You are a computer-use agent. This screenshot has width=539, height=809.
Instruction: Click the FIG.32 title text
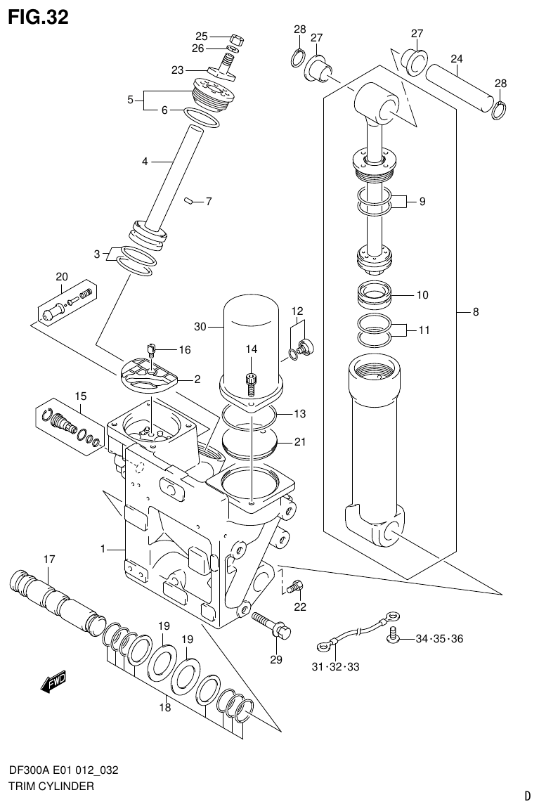coord(38,17)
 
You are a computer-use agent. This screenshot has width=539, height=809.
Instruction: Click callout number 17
coord(48,559)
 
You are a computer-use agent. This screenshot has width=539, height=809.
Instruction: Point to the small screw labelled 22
coord(297,583)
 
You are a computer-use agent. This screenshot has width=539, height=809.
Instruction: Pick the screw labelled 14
coord(252,382)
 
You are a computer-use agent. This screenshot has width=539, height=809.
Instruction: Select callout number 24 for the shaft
coord(457,58)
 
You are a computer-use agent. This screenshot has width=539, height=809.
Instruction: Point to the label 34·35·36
coord(439,639)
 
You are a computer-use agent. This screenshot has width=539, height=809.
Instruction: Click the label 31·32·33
coord(335,666)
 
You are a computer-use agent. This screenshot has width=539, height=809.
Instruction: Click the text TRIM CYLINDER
coord(51,787)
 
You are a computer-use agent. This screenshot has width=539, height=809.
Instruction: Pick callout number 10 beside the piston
coord(422,295)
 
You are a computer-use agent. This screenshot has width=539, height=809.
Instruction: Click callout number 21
coord(300,441)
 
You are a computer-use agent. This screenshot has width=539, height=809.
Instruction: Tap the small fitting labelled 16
coord(151,348)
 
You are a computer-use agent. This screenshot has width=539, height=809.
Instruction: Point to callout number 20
coord(62,276)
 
